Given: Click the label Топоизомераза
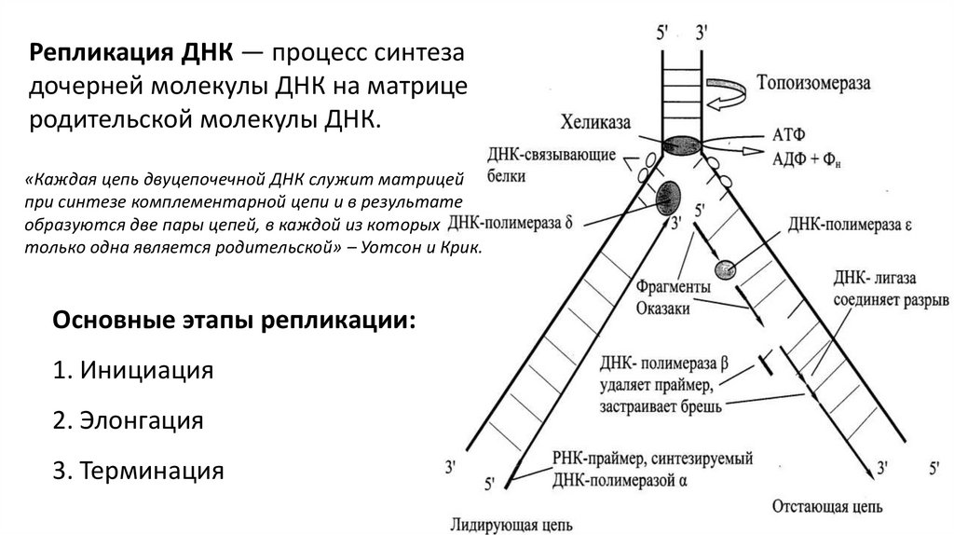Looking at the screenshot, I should coord(815,82).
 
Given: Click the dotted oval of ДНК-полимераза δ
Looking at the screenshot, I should coord(669,196).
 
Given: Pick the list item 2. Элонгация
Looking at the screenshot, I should coord(129,419).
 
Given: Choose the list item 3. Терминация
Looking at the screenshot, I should coord(139,470).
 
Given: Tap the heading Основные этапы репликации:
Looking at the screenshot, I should coord(235,320).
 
